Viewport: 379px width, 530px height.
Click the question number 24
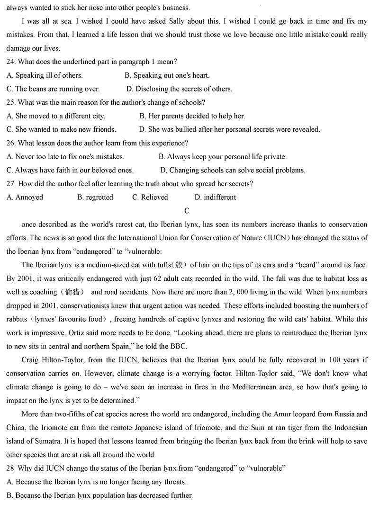click(11, 62)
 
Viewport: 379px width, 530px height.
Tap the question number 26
click(11, 143)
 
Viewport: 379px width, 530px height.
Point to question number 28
click(11, 468)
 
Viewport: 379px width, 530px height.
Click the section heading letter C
click(187, 211)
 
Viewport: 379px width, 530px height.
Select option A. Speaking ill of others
click(45, 75)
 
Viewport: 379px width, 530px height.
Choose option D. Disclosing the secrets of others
click(179, 89)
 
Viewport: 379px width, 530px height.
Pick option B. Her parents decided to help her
click(192, 116)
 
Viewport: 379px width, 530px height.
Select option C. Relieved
click(150, 198)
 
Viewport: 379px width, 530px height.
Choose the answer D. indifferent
click(215, 198)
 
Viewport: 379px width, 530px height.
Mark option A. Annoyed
click(25, 198)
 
